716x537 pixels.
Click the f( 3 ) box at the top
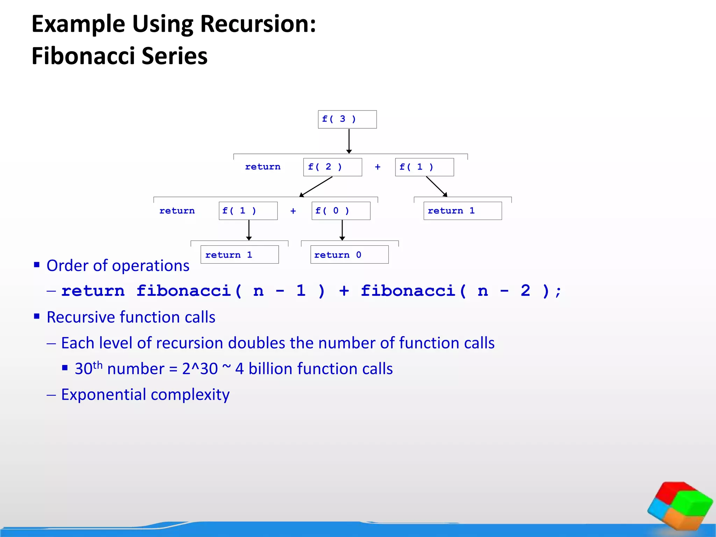point(347,120)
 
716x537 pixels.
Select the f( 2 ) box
point(332,167)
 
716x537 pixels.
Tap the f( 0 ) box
point(341,211)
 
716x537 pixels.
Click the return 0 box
point(349,255)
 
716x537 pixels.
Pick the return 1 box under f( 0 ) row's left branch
point(239,255)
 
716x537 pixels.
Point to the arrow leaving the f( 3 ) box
point(349,141)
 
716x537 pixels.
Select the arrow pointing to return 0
point(342,230)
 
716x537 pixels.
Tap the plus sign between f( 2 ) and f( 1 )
point(378,167)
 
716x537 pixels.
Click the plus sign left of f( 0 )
point(293,211)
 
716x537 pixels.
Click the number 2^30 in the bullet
point(200,369)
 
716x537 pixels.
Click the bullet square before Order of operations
point(37,265)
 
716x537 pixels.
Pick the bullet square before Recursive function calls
point(37,316)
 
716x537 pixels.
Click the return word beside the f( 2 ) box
point(263,167)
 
